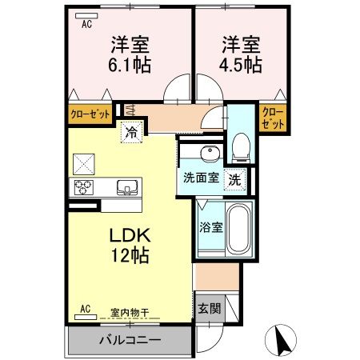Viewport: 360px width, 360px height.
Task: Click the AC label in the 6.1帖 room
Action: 86,24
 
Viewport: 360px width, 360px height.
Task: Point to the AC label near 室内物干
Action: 86,307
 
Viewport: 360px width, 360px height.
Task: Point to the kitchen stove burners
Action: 83,189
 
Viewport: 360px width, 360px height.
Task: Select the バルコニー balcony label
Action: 130,341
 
